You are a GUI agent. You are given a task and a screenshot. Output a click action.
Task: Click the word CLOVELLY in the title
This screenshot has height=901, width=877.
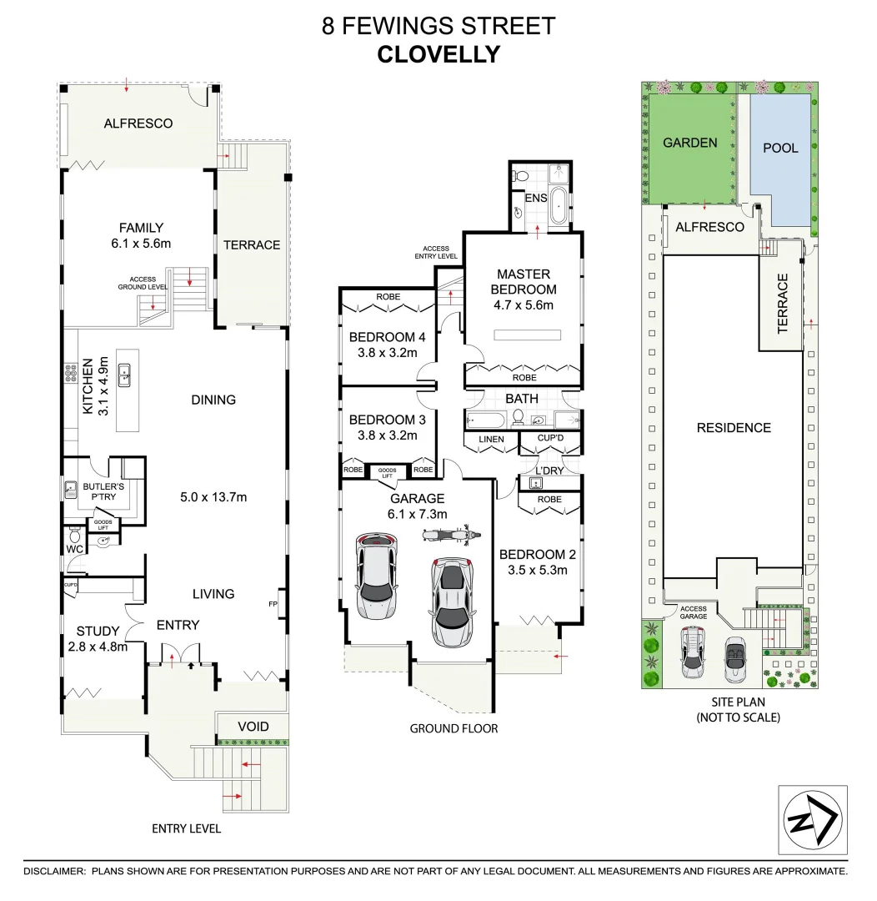click(x=438, y=54)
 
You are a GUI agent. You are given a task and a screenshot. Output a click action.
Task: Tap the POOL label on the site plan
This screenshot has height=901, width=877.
click(x=780, y=148)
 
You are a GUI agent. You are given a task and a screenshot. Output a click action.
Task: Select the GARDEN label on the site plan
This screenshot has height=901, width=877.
click(x=689, y=143)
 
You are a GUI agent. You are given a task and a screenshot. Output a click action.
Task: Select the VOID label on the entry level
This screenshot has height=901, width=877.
click(x=253, y=727)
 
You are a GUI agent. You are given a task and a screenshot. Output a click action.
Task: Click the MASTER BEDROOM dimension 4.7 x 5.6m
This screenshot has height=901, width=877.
click(x=524, y=305)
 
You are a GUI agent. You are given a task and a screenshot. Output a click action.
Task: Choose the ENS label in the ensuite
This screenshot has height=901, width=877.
click(x=535, y=198)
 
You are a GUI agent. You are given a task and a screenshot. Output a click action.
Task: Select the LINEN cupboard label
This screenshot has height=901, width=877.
click(x=491, y=440)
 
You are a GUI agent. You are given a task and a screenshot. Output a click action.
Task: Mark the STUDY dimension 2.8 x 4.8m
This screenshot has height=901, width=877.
click(x=98, y=646)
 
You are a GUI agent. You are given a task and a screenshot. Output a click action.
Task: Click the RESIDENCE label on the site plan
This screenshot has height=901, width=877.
click(x=734, y=428)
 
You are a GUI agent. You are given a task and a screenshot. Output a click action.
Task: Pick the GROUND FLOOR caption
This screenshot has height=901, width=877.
click(x=454, y=728)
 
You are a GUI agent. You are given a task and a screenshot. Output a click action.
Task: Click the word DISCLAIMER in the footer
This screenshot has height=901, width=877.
click(x=54, y=871)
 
